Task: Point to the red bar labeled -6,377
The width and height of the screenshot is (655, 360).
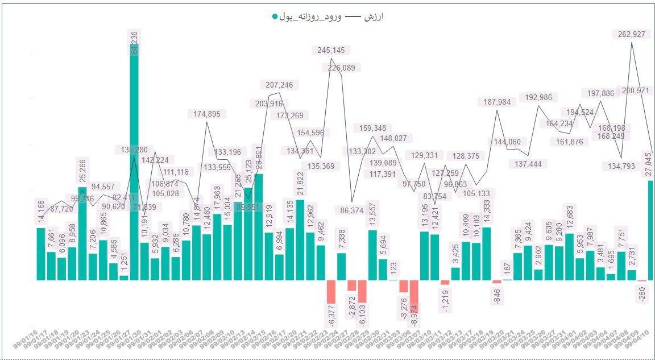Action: pyautogui.click(x=331, y=292)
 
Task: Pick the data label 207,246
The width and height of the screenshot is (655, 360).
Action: pyautogui.click(x=280, y=85)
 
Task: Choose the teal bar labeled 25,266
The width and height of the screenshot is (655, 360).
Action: pyautogui.click(x=82, y=233)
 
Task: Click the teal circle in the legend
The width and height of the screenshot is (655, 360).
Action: pyautogui.click(x=275, y=16)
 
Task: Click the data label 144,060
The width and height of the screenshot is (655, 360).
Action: pyautogui.click(x=507, y=142)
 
